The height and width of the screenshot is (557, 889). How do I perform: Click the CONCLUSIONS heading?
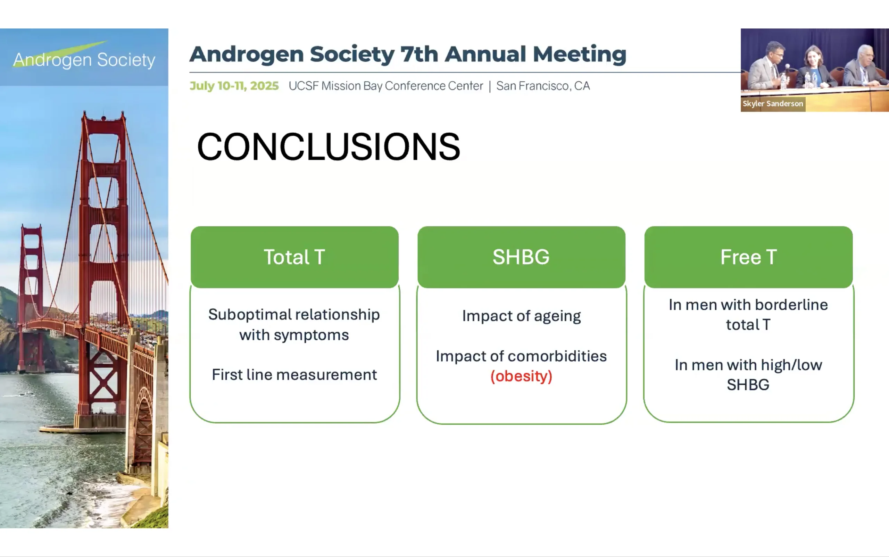click(329, 147)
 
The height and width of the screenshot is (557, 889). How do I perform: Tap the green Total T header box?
click(294, 257)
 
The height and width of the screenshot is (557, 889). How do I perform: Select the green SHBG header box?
click(521, 257)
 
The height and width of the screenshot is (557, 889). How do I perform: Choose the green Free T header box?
click(749, 257)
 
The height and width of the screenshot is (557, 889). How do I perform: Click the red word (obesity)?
click(521, 376)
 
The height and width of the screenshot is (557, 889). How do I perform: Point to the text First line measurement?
click(294, 375)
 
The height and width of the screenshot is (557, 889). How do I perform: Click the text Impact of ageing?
click(521, 316)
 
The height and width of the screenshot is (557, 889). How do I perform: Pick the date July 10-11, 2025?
click(234, 86)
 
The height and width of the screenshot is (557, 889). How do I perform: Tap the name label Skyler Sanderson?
click(773, 103)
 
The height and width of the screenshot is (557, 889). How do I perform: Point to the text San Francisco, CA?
click(543, 86)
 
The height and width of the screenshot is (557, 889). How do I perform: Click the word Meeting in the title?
click(580, 55)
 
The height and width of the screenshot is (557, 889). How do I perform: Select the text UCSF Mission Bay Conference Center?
click(386, 86)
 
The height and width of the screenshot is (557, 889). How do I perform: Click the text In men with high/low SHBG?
click(748, 375)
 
